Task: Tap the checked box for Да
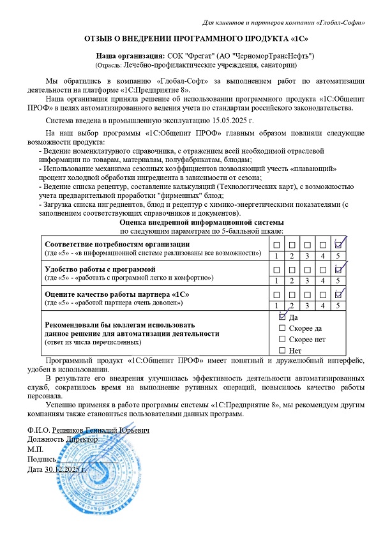(283, 316)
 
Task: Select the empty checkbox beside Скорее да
(283, 327)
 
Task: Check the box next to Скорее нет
(283, 339)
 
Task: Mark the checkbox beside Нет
(283, 350)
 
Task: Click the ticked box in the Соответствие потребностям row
(340, 245)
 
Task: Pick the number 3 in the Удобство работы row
(308, 280)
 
